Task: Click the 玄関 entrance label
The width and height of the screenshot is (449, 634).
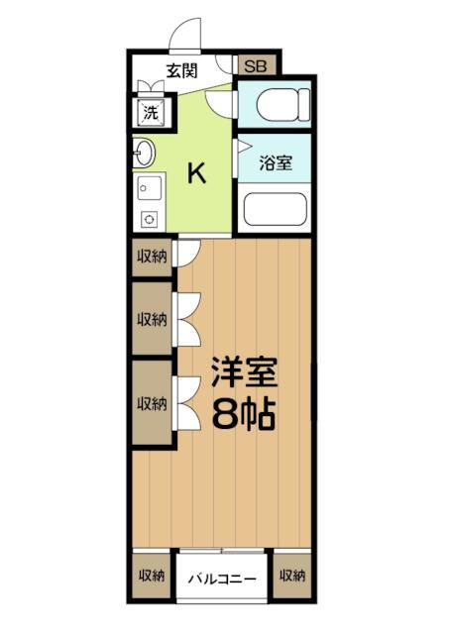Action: pos(180,70)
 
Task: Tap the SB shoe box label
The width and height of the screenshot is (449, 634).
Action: pos(256,66)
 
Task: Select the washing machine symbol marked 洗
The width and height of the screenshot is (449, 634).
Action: pos(151,112)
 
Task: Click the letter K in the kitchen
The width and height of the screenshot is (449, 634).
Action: pos(197,174)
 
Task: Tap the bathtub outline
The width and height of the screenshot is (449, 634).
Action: pos(274,210)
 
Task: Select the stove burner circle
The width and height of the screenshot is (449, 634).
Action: pos(148,219)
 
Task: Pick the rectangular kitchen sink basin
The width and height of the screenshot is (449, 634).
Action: pos(149,187)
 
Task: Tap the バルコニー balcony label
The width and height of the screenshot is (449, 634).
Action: pos(223,579)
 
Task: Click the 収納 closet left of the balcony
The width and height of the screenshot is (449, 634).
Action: pos(151,575)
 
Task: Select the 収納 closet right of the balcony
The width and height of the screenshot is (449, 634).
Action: pos(290,575)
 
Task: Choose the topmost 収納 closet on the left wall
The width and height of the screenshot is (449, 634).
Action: pos(151,256)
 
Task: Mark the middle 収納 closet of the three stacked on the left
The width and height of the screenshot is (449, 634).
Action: pos(151,319)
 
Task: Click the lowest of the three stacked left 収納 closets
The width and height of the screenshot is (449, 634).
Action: pos(151,403)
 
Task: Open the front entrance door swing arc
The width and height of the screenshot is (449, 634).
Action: pos(185,35)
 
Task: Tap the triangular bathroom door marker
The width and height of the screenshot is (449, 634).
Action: pos(241,146)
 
